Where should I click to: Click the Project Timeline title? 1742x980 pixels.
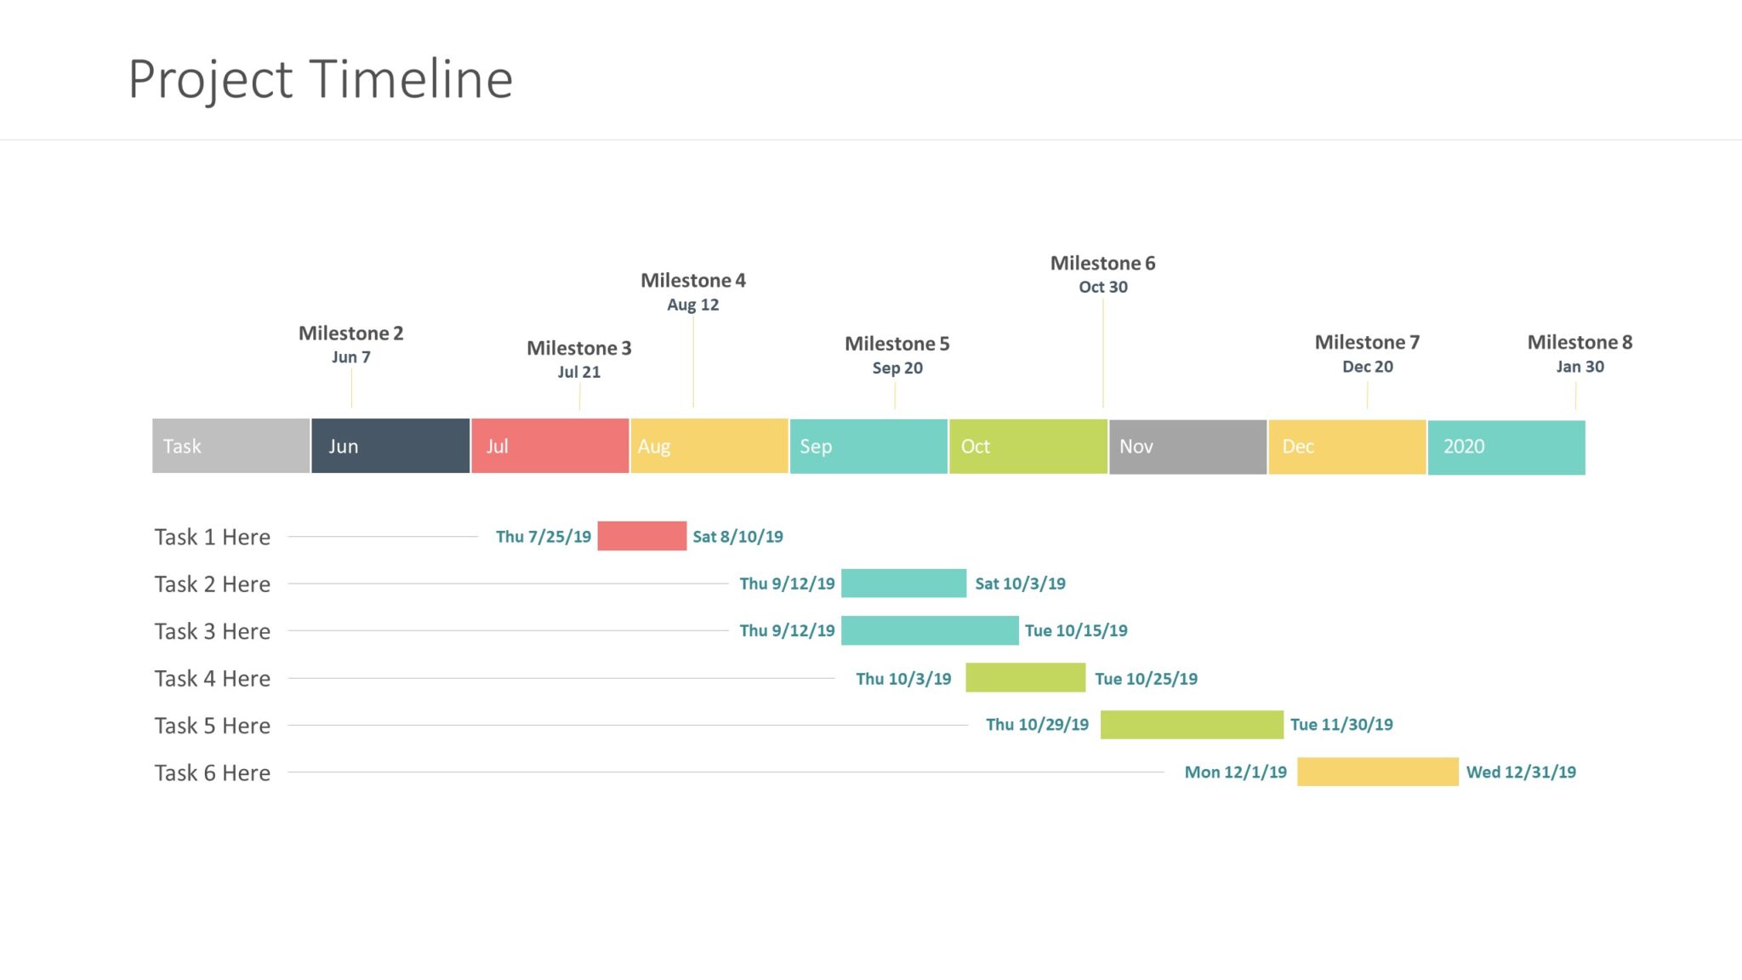click(x=321, y=79)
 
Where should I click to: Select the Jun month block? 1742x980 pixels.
click(x=390, y=446)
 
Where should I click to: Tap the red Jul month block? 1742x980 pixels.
click(x=549, y=446)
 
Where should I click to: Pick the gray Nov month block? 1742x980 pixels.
click(x=1187, y=447)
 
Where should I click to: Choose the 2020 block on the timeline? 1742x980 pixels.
click(x=1506, y=447)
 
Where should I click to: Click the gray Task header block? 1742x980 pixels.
click(x=231, y=446)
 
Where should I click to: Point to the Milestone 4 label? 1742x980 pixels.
click(x=692, y=280)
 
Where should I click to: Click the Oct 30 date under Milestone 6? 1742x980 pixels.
click(x=1102, y=287)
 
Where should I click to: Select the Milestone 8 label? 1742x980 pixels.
click(x=1579, y=342)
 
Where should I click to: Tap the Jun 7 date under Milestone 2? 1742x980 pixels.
click(x=350, y=357)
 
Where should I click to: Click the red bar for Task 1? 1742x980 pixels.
click(x=641, y=536)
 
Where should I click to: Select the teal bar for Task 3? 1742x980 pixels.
click(x=929, y=630)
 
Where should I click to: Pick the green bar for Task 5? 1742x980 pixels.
click(x=1191, y=725)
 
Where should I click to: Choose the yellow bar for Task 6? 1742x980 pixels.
click(x=1377, y=772)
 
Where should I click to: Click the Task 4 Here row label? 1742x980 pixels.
click(x=213, y=678)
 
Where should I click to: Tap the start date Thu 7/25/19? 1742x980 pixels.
click(x=543, y=537)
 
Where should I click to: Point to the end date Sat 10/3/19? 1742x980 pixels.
click(x=1019, y=584)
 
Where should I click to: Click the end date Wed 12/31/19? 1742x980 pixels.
click(x=1520, y=772)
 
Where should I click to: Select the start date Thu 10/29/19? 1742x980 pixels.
click(x=1036, y=725)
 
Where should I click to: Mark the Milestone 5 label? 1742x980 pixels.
click(x=897, y=344)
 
